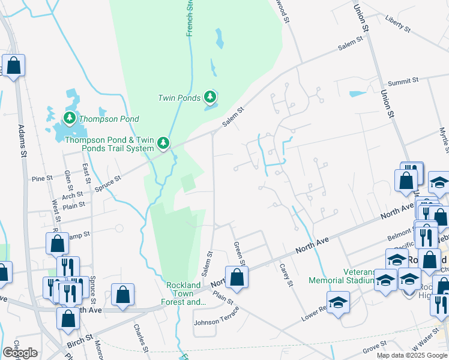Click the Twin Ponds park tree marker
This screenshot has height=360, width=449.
(209, 96)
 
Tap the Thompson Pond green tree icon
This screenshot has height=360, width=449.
(70, 118)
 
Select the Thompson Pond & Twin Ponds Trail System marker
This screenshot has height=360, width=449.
(163, 143)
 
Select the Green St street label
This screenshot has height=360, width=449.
(239, 253)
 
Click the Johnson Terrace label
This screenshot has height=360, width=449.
(216, 317)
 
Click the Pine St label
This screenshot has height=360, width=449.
(43, 178)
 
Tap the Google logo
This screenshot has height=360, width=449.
(20, 353)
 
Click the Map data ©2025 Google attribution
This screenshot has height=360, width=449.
(411, 355)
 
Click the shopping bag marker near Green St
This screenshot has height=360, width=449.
(237, 277)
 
